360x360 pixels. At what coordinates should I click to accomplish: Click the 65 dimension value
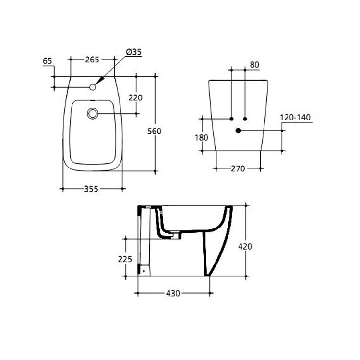pyautogui.click(x=47, y=60)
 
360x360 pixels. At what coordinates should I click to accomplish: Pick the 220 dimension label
pyautogui.click(x=135, y=97)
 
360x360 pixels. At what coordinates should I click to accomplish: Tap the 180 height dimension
pyautogui.click(x=202, y=137)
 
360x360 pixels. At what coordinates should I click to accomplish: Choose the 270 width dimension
pyautogui.click(x=238, y=168)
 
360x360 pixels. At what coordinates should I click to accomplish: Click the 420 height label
pyautogui.click(x=244, y=246)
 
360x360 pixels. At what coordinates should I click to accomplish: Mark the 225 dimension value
pyautogui.click(x=124, y=259)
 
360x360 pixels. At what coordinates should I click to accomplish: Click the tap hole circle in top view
pyautogui.click(x=93, y=87)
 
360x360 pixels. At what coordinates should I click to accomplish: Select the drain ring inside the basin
pyautogui.click(x=93, y=114)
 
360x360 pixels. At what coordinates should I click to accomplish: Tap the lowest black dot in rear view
pyautogui.click(x=238, y=130)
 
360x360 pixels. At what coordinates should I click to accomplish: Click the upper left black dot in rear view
pyautogui.click(x=231, y=118)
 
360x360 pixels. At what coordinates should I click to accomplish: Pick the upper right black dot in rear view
pyautogui.click(x=245, y=118)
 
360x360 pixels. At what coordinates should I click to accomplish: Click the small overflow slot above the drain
pyautogui.click(x=93, y=104)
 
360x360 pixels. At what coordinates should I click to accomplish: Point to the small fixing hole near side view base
pyautogui.click(x=143, y=271)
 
